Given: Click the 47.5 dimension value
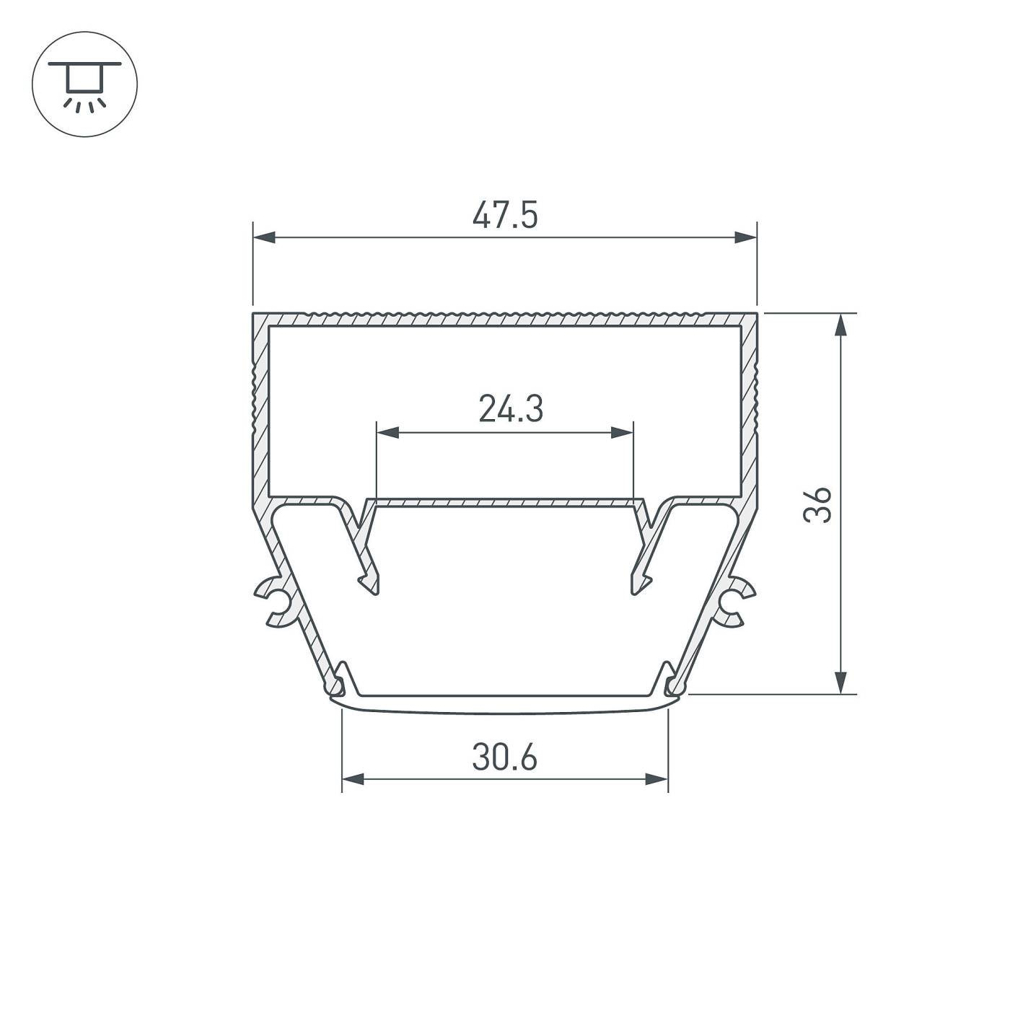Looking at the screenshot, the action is [505, 216].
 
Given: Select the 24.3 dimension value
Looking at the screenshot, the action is [511, 408].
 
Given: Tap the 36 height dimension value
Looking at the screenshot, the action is [817, 505].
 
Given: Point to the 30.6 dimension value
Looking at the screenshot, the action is [505, 757].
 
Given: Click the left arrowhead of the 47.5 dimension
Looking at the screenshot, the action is [264, 237].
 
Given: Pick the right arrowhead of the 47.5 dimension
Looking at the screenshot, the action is [745, 237].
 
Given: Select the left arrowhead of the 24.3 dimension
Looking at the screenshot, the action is [388, 433].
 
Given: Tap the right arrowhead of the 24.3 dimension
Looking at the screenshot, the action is [622, 433].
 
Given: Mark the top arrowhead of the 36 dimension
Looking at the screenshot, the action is [840, 325].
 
